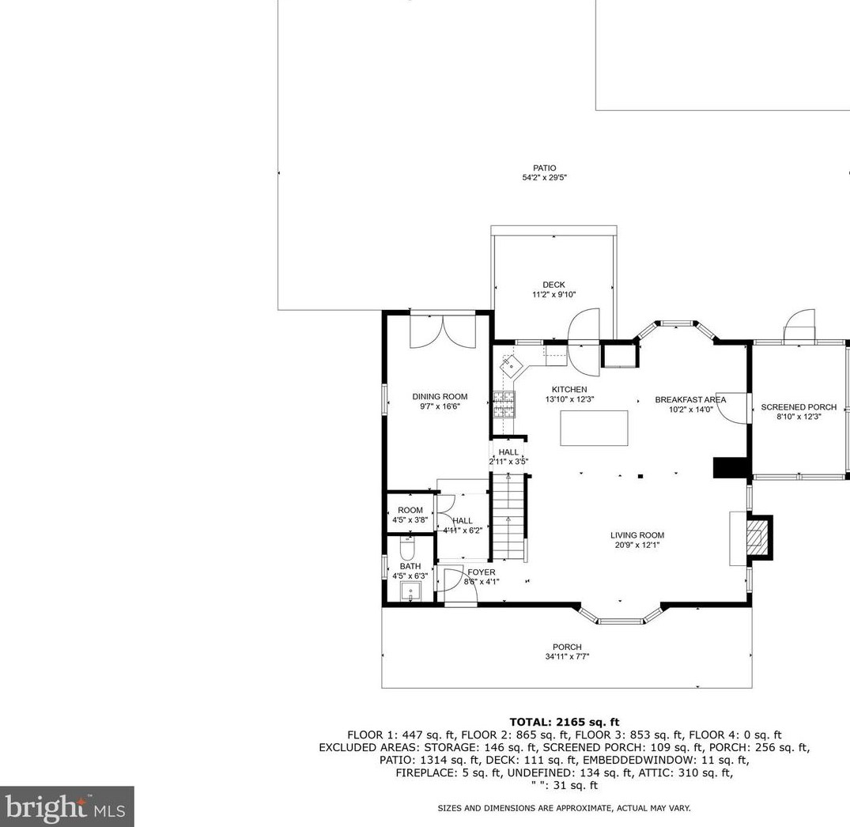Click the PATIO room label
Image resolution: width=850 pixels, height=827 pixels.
tap(544, 168)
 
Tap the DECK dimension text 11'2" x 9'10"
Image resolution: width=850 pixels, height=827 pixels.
tap(553, 295)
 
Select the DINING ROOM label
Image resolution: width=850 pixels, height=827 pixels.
tap(440, 397)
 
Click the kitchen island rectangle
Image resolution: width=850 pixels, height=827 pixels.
tap(594, 428)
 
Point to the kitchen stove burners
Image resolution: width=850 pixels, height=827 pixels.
tap(504, 405)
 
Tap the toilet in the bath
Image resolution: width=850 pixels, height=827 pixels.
tap(406, 549)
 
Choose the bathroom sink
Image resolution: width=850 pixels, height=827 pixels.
tap(411, 591)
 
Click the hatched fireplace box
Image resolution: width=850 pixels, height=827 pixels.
tap(757, 537)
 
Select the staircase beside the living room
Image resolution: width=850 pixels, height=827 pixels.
tap(508, 518)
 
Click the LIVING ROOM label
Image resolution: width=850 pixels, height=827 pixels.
tap(637, 535)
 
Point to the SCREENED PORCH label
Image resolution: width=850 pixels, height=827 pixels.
tap(799, 407)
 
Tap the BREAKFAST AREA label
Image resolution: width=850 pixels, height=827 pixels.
tap(690, 400)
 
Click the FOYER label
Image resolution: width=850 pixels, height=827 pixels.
tap(482, 572)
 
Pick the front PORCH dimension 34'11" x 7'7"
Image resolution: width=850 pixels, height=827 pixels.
tap(567, 657)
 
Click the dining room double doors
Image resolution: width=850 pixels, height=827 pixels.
tap(443, 331)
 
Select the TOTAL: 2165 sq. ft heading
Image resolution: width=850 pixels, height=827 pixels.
tap(565, 722)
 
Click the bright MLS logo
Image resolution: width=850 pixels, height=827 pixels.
tap(66, 806)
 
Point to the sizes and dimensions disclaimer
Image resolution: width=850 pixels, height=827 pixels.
tap(565, 808)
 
